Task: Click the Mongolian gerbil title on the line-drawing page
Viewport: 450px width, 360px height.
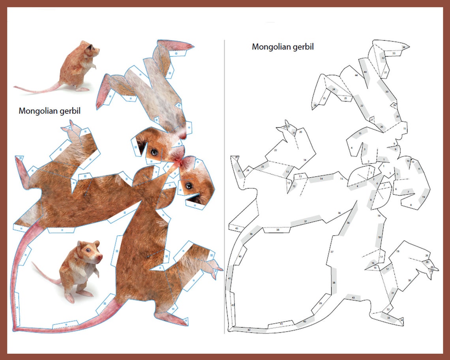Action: pos(283,47)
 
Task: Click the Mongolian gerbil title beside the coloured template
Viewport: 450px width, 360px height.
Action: pos(49,111)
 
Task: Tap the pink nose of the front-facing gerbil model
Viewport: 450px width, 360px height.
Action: pos(100,257)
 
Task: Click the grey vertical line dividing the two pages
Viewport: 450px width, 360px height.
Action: pos(224,186)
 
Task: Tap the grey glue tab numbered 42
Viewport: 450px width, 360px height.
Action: pos(249,330)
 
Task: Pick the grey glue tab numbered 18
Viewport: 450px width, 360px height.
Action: pos(380,237)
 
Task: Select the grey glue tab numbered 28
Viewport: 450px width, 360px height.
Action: pos(397,116)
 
